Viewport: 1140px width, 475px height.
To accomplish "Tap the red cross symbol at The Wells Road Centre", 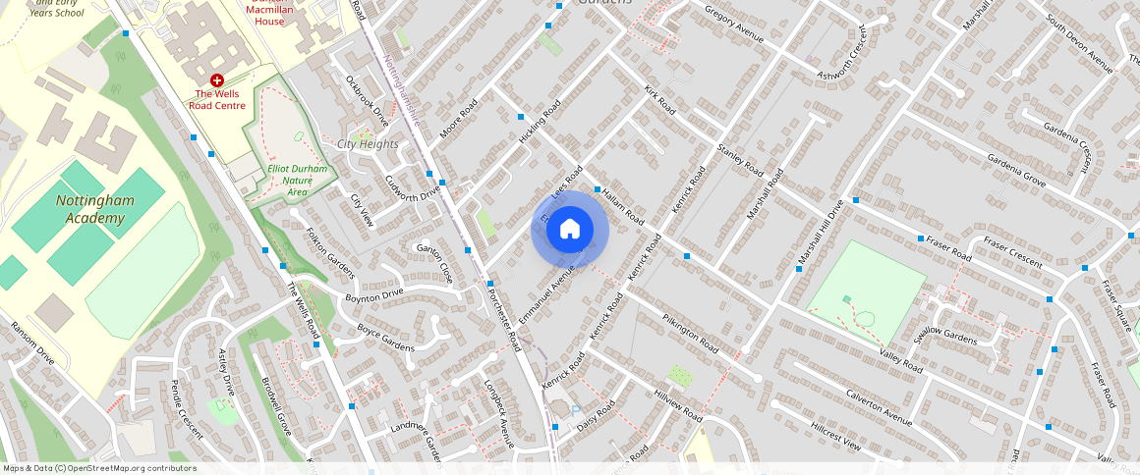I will pyautogui.click(x=216, y=79).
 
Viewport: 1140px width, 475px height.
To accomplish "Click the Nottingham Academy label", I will pyautogui.click(x=95, y=208).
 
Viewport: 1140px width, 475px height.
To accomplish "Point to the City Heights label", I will pyautogui.click(x=368, y=144).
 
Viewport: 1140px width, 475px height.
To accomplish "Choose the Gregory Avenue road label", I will pyautogui.click(x=734, y=24).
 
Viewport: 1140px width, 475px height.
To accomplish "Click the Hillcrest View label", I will pyautogui.click(x=835, y=437).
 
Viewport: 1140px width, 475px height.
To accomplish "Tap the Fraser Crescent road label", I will pyautogui.click(x=1012, y=253).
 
